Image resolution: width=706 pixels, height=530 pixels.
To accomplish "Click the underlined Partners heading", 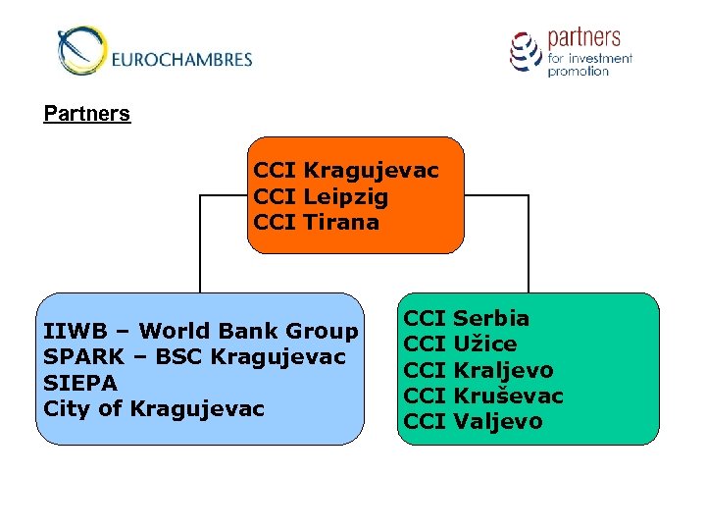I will coord(86,114).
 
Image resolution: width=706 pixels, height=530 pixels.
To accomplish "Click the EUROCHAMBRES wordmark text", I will coord(181,59).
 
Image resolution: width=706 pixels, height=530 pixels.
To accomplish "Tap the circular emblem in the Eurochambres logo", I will coord(79,50).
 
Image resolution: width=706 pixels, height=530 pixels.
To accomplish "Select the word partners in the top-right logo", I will coord(583,38).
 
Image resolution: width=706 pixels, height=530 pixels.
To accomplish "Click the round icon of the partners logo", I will coord(526,51).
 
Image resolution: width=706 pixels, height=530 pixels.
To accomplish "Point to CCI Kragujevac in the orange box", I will coord(345,171).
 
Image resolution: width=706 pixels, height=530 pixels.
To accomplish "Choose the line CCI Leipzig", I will coord(321,196).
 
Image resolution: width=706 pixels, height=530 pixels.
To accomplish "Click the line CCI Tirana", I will coord(316,222).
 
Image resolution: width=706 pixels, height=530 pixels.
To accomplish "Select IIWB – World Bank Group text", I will coord(201,331).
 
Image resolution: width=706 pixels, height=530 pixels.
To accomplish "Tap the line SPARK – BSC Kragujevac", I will coord(194,356).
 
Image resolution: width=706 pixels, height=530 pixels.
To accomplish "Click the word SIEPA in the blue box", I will coord(80,382).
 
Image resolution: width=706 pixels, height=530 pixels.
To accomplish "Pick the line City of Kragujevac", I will coord(154,407).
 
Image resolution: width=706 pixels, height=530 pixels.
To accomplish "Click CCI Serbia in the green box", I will coord(467,318).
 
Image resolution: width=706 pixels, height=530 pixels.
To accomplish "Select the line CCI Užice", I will coord(460,344).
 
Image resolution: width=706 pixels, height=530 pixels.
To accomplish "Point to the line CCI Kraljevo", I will coord(479,370).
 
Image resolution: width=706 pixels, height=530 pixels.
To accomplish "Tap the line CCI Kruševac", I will coord(483,396).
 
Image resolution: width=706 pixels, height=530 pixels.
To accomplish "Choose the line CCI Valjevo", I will coord(473,421).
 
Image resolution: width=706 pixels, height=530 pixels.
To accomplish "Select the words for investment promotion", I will coord(589,65).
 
